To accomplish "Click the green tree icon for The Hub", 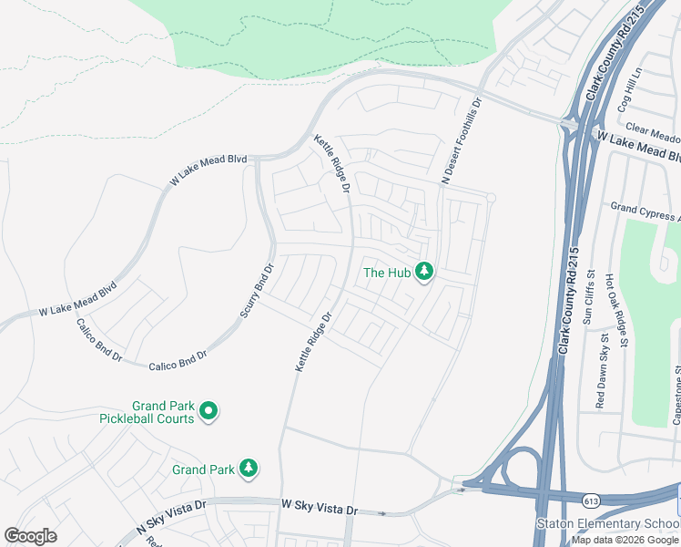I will point(423,272).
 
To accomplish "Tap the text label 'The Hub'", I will point(388,272).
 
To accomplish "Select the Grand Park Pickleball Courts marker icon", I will point(208,412).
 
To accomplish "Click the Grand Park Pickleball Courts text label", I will point(150,412).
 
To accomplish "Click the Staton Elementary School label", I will point(606,523).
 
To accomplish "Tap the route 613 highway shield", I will point(592,501).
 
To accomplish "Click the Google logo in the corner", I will point(31,535).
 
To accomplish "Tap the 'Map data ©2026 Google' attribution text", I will point(625,540).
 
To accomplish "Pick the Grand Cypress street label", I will point(645,212).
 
